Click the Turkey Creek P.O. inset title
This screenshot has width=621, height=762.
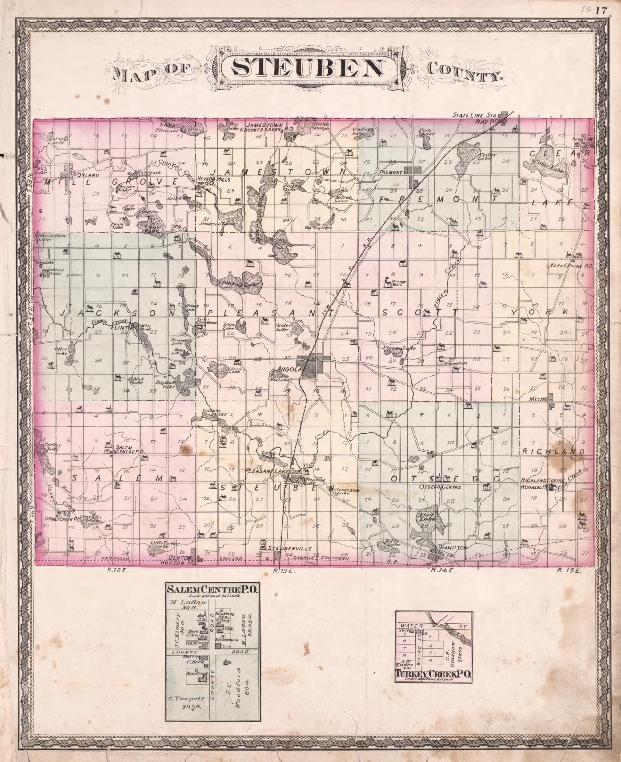click(433, 674)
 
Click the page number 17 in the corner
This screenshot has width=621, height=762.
click(601, 11)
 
